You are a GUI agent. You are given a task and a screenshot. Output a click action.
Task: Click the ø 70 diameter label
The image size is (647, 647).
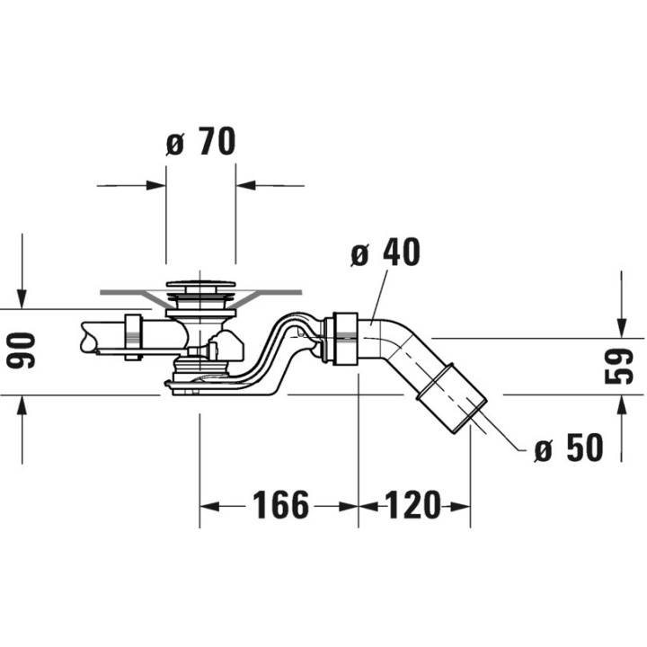[201, 142]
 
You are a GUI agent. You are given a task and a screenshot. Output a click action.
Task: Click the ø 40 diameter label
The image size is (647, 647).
[386, 253]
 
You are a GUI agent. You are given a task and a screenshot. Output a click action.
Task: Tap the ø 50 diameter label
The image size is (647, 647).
[569, 447]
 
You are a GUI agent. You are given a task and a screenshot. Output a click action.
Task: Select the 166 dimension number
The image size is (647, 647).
[280, 505]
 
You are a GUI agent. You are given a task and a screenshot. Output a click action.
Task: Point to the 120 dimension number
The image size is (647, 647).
[412, 505]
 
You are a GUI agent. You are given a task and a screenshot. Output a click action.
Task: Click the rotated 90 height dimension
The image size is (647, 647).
[22, 350]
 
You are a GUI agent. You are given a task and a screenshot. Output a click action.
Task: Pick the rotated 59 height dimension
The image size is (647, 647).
[619, 367]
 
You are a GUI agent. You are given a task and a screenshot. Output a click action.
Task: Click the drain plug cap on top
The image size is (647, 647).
[200, 284]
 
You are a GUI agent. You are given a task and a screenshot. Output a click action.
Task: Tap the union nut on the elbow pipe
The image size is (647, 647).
[341, 339]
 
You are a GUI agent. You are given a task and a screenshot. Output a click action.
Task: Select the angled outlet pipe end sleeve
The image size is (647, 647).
[452, 396]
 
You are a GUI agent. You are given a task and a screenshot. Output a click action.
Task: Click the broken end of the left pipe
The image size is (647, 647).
[86, 337]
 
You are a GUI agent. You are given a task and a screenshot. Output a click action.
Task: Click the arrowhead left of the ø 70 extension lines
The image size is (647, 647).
[156, 186]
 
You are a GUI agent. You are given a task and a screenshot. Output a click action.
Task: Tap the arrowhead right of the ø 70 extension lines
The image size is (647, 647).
[246, 186]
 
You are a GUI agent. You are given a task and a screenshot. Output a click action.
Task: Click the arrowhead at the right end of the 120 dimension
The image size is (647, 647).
[460, 506]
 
